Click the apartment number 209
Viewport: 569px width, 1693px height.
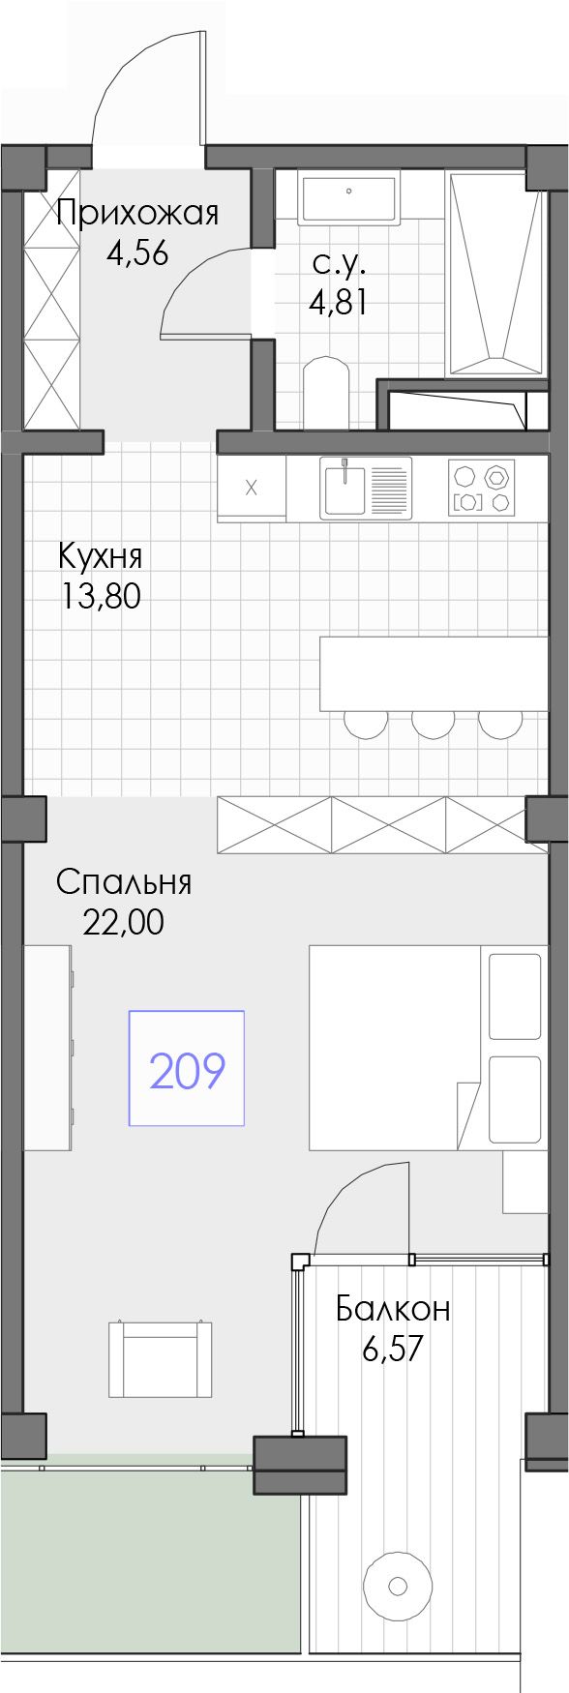[x=187, y=1070]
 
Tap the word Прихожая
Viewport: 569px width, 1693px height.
[x=137, y=213]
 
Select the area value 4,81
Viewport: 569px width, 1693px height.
[x=338, y=303]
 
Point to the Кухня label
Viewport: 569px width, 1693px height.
[x=101, y=556]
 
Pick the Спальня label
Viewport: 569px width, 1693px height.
[x=124, y=882]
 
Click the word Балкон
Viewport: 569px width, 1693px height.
[x=393, y=1309]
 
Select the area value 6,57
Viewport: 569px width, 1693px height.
[x=393, y=1350]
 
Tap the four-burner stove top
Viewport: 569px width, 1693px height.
[x=481, y=486]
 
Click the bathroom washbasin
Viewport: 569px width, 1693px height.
[x=348, y=198]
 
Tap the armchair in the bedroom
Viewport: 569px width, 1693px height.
[x=161, y=1358]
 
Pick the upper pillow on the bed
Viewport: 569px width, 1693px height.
[x=514, y=995]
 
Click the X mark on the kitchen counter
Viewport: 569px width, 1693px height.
[x=251, y=487]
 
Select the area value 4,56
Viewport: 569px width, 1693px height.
[x=137, y=253]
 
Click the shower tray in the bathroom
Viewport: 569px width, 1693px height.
[x=493, y=274]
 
